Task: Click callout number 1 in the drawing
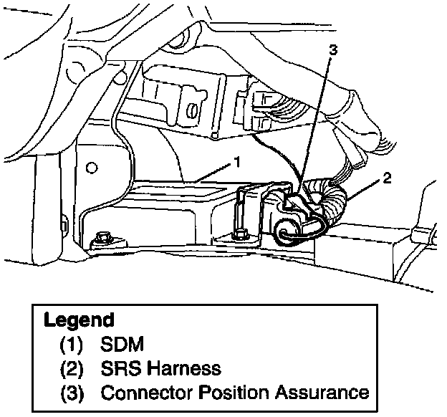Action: [x=236, y=163]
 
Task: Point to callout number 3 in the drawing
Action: [x=332, y=49]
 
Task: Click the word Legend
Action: [x=79, y=320]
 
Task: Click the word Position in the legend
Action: [x=231, y=393]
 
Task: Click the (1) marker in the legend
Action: [x=72, y=345]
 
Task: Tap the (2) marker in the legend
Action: [x=72, y=369]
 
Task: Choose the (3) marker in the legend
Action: [x=72, y=393]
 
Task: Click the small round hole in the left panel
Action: [x=90, y=168]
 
